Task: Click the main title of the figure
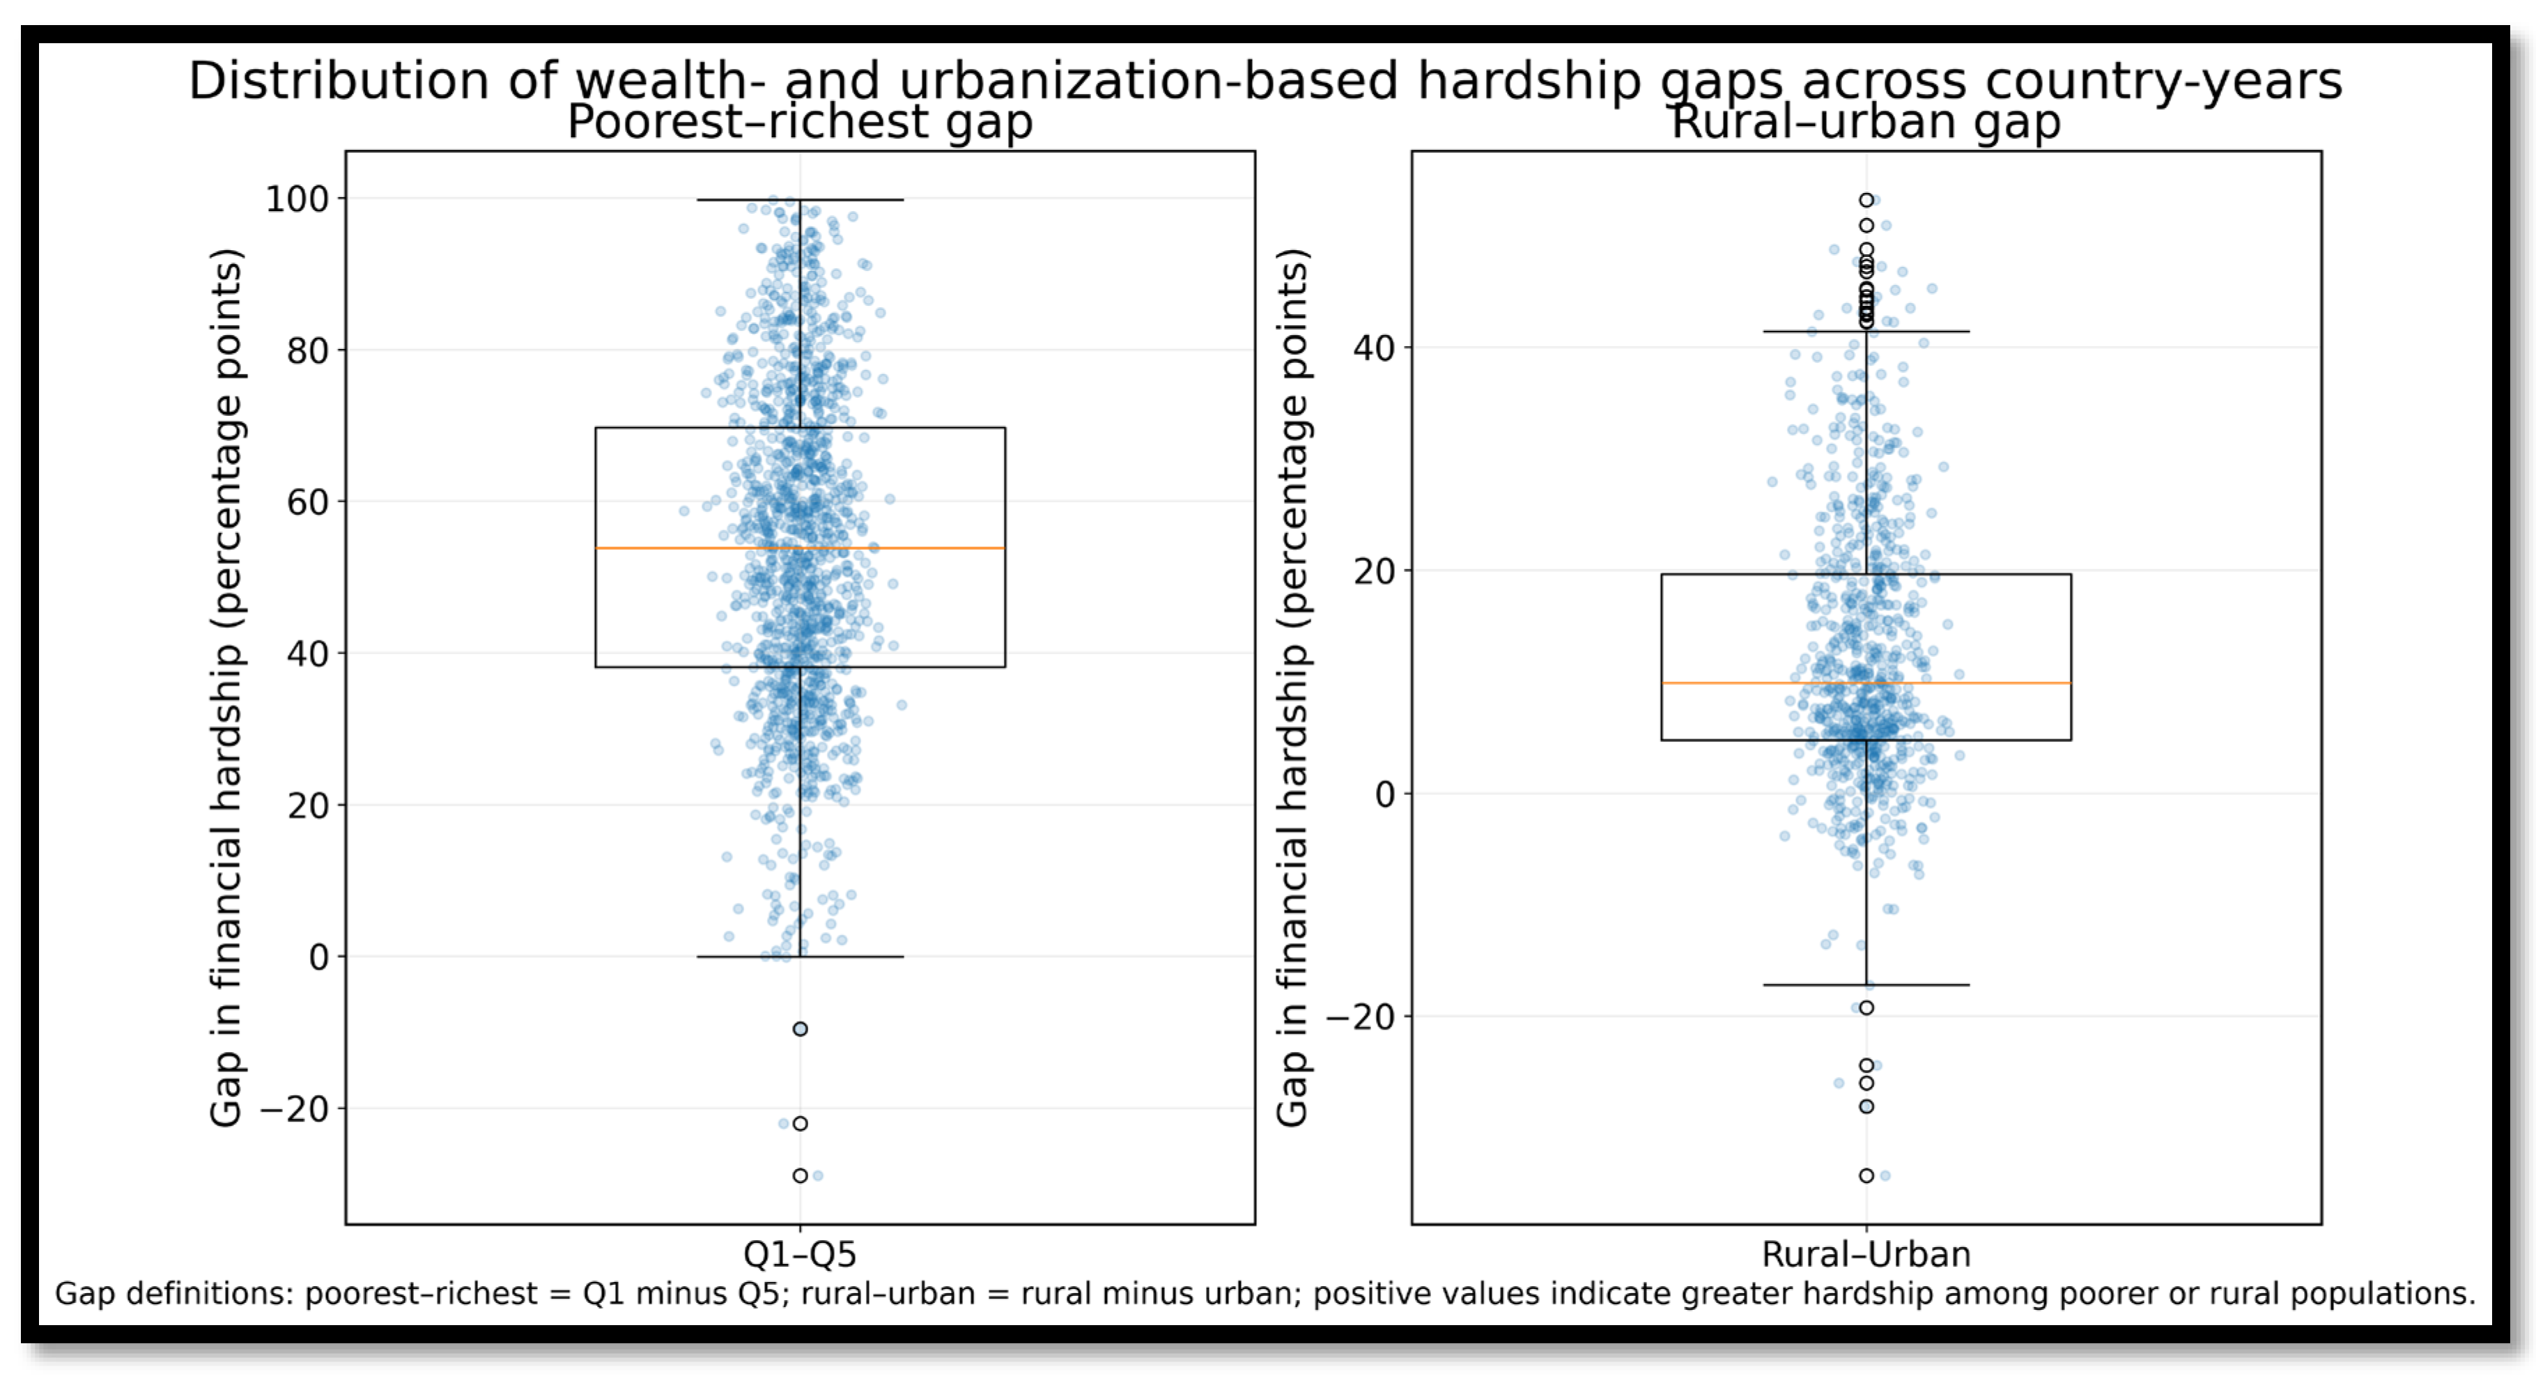[1265, 81]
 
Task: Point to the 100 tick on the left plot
[297, 199]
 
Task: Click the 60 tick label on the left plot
[308, 502]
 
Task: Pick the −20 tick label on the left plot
[294, 1109]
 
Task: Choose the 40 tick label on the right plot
[1375, 348]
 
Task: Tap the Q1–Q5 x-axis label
[799, 1255]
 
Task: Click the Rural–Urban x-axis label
[1866, 1255]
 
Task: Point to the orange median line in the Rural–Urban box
[1866, 683]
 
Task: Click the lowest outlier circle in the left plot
[801, 1176]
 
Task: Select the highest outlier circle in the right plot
[1866, 200]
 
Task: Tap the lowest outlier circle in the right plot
[1866, 1176]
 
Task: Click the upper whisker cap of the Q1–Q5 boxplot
[801, 200]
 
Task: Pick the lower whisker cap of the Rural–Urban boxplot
[1866, 985]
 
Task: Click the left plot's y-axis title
[226, 687]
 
